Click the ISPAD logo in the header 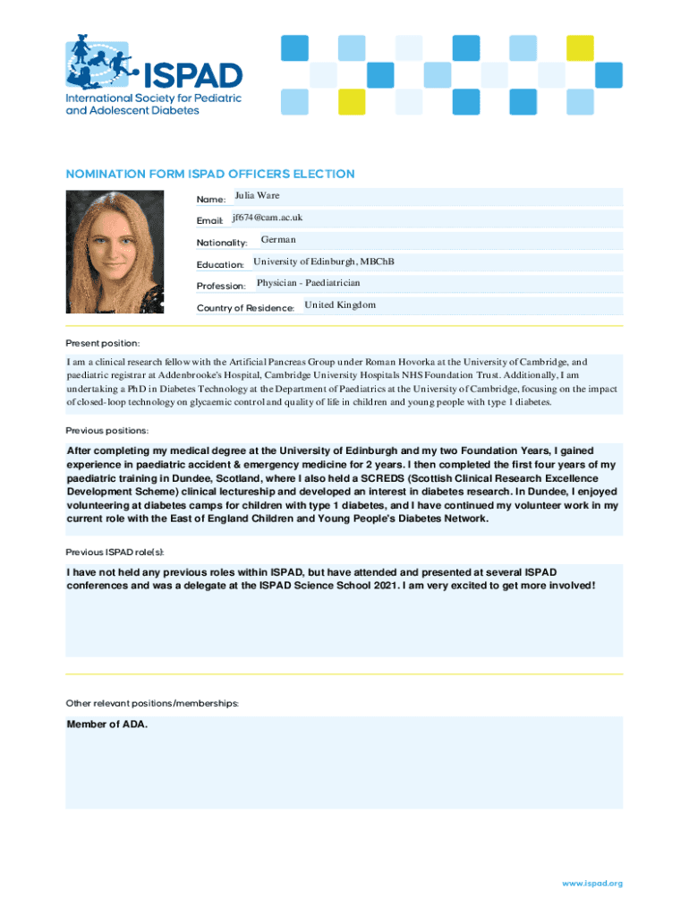click(153, 75)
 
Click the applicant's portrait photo click(115, 252)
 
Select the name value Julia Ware click(258, 195)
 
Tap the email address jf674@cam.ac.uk click(268, 218)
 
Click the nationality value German click(278, 239)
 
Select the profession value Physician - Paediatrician click(309, 283)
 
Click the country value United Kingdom click(340, 304)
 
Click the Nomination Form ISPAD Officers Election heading click(210, 174)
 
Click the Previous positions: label click(107, 430)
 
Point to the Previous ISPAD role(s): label click(115, 551)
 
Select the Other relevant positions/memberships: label click(152, 703)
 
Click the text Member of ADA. click(107, 724)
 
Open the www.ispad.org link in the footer click(591, 883)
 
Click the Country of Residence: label click(245, 308)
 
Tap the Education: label click(220, 265)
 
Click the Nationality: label click(222, 243)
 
